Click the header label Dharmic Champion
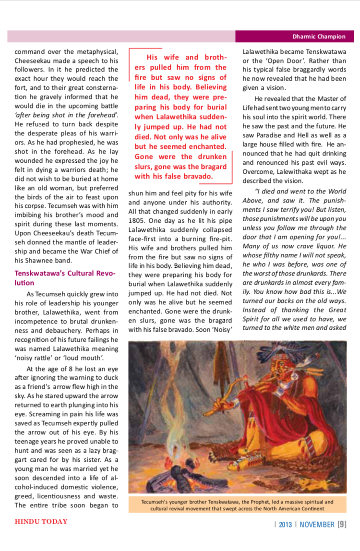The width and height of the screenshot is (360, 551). coord(319,36)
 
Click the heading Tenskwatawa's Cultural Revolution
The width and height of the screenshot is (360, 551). coord(64,278)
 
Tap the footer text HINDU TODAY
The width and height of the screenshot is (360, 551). coord(41,522)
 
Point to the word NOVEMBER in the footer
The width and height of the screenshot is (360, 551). coord(317,524)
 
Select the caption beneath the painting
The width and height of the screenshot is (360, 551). coord(237,504)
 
